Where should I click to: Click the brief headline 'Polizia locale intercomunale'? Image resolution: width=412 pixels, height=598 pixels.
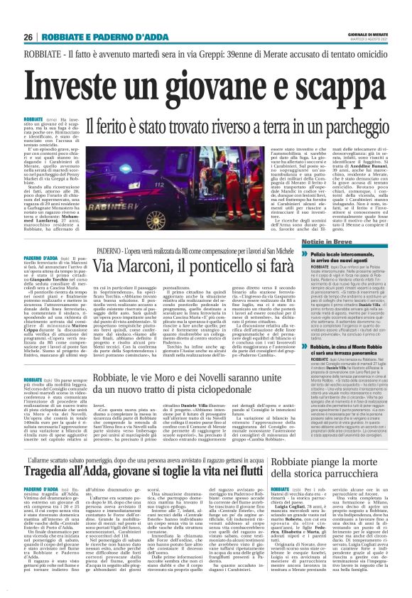pos(345,274)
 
